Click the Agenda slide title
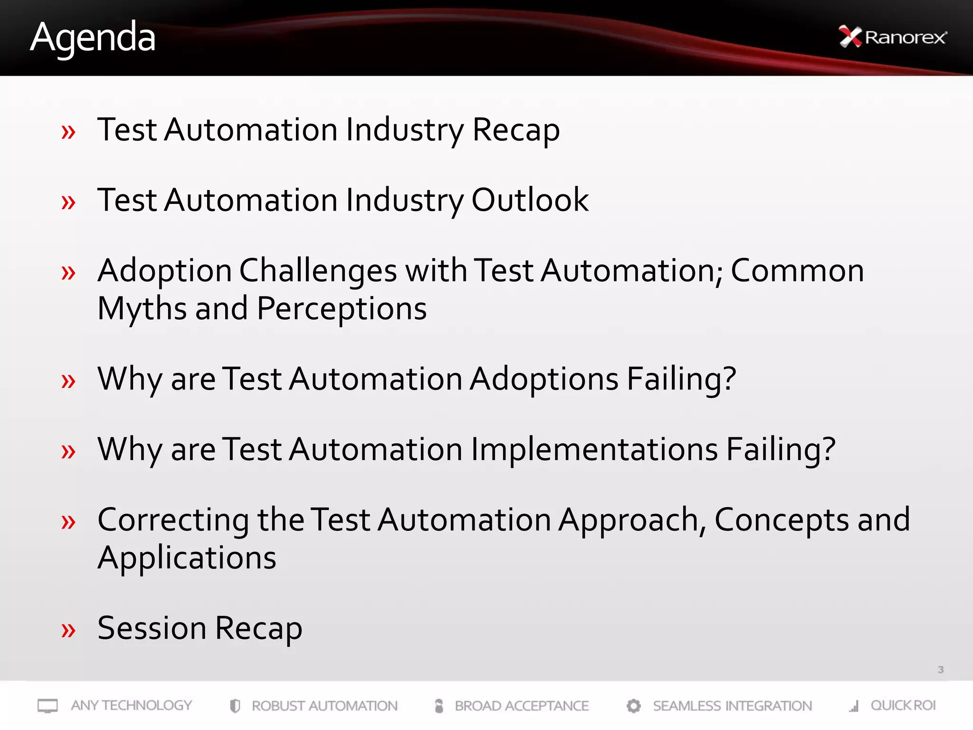tap(93, 38)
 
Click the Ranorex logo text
tap(906, 37)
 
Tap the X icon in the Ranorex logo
tap(850, 37)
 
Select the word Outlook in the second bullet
tap(530, 200)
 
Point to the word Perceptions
tap(342, 309)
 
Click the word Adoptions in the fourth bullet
tap(544, 379)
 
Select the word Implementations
tap(594, 449)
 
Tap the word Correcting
tap(173, 519)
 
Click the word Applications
tap(187, 557)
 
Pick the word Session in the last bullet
tap(152, 628)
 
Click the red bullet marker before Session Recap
tap(68, 631)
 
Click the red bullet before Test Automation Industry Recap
tap(68, 132)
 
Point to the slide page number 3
tap(940, 670)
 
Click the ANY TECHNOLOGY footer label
tap(131, 705)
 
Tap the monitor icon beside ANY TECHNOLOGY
tap(48, 706)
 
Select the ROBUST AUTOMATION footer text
tap(324, 706)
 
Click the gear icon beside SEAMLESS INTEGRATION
tap(633, 706)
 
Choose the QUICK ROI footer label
tap(903, 705)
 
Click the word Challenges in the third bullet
tap(318, 271)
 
